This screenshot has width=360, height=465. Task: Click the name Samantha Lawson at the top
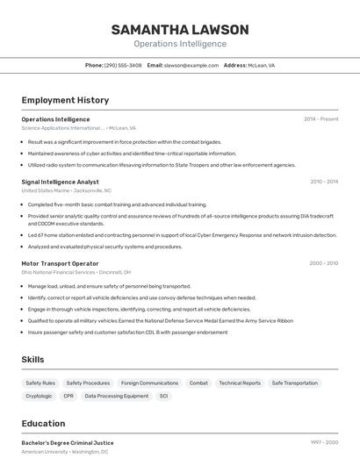click(x=179, y=30)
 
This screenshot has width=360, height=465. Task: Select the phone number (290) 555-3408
click(x=122, y=65)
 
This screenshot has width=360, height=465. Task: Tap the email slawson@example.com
click(x=191, y=65)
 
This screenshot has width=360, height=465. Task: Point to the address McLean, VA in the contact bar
click(x=262, y=65)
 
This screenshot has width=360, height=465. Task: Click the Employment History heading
click(x=65, y=100)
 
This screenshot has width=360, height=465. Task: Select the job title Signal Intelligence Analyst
click(x=61, y=182)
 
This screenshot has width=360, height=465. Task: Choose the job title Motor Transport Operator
click(x=60, y=263)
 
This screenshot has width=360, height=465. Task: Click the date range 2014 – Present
click(x=320, y=118)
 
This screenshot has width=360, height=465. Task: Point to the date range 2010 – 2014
click(x=324, y=182)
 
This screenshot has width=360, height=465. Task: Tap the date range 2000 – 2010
click(x=324, y=263)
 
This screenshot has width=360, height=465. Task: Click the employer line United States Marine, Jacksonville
click(x=67, y=190)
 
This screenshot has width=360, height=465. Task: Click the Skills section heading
click(x=32, y=360)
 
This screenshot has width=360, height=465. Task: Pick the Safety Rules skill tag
click(x=40, y=383)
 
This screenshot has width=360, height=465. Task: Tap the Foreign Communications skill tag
click(x=149, y=383)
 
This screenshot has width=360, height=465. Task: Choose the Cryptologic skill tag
click(x=39, y=396)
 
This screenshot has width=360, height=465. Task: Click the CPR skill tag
click(x=68, y=396)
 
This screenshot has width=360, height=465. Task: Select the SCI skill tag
click(x=163, y=396)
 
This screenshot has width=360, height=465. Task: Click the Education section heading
click(x=43, y=423)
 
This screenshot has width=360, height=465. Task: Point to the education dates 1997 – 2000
click(x=324, y=443)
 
